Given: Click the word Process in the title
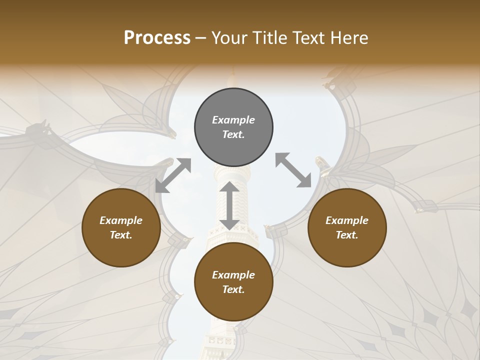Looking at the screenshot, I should [157, 38].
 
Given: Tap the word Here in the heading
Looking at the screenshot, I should [348, 38].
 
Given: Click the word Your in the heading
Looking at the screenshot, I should [230, 38].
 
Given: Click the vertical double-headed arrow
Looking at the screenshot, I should [229, 205].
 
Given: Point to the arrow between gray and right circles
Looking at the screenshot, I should [293, 170].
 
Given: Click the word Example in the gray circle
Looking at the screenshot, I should [233, 120].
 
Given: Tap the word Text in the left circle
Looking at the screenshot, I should [121, 235].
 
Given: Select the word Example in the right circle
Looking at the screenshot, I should [346, 220].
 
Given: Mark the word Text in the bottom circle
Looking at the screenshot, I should [233, 289].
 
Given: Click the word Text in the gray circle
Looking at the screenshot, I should [233, 134].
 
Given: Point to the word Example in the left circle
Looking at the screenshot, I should [121, 220].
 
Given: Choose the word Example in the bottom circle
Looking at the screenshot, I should [233, 275].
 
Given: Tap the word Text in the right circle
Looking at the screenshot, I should [346, 235].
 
